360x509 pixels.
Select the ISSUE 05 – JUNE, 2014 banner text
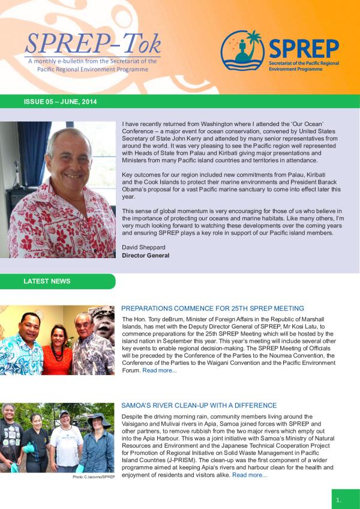[x=60, y=102]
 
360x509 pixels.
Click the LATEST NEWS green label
[x=47, y=281]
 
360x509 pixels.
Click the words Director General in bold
[x=146, y=255]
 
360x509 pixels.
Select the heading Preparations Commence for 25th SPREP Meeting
[x=212, y=308]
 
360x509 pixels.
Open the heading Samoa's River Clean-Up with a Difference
[x=199, y=405]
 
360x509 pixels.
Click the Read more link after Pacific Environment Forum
[x=160, y=370]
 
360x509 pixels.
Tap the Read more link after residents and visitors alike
[x=250, y=475]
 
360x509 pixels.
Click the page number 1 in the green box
[x=339, y=499]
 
